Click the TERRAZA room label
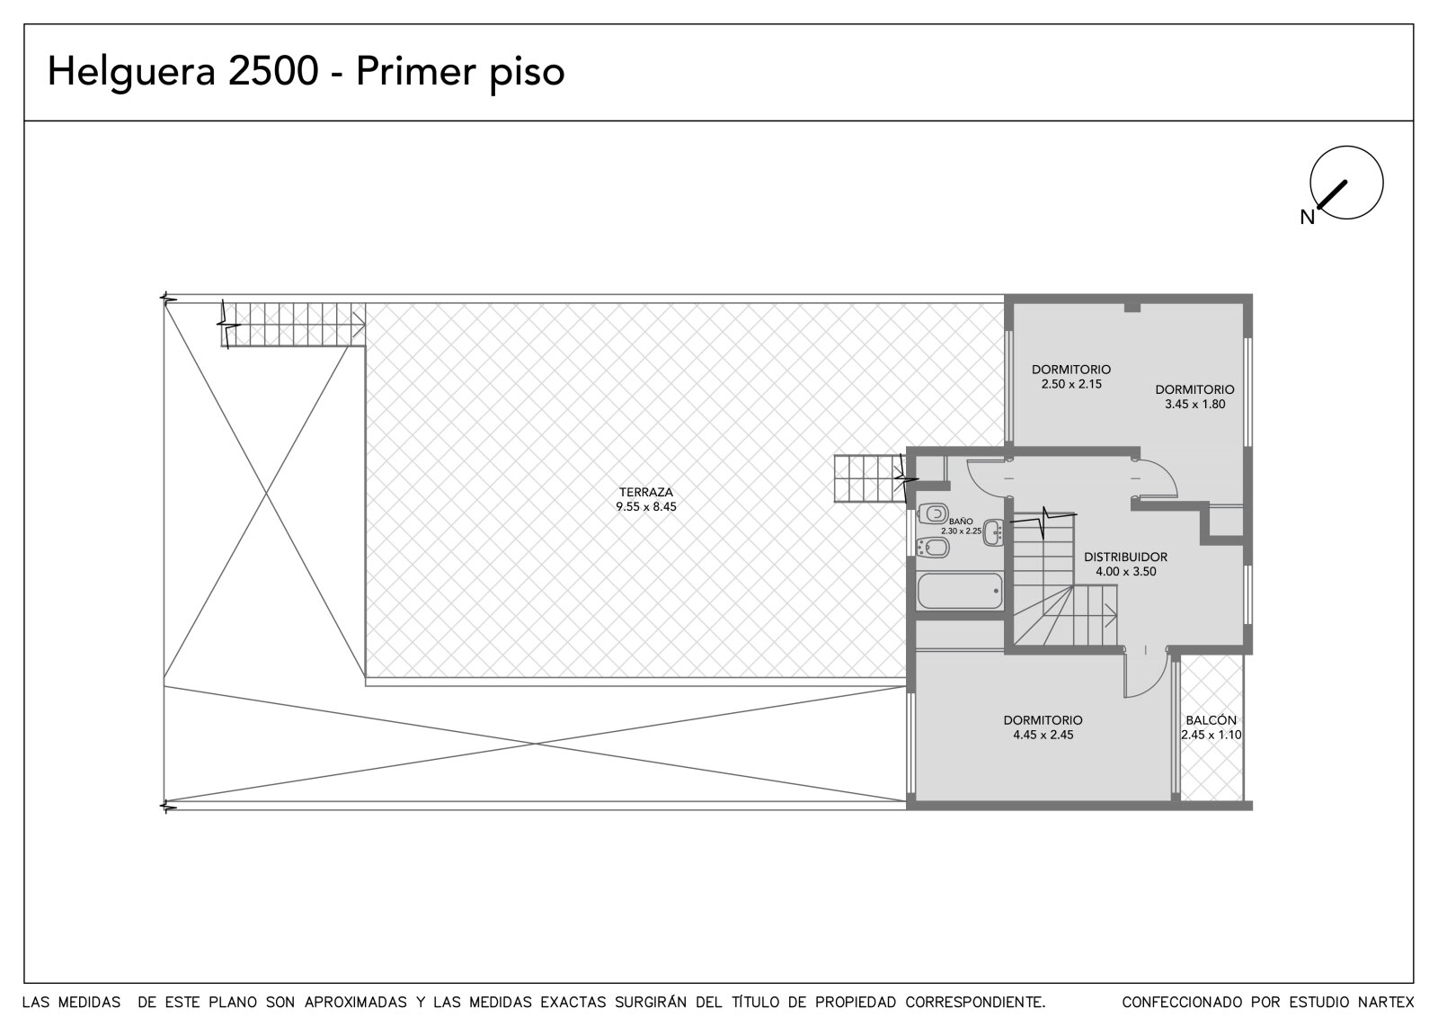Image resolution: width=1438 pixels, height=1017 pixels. click(646, 492)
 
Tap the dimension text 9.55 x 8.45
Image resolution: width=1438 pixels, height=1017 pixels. click(646, 506)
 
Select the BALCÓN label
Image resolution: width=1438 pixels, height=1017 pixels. click(1211, 720)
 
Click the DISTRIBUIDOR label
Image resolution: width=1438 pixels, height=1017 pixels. click(1125, 557)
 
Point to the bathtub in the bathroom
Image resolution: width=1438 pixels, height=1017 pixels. click(960, 591)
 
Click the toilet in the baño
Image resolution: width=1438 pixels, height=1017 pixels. click(934, 513)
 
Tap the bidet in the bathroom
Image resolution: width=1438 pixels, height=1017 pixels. click(934, 548)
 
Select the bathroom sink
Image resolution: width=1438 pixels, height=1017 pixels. click(994, 532)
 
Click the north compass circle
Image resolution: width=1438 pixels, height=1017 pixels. click(1346, 183)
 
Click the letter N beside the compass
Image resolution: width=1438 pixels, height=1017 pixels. click(1308, 218)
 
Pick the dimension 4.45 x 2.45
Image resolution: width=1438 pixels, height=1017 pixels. click(1043, 735)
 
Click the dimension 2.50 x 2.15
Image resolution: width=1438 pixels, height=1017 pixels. click(1071, 384)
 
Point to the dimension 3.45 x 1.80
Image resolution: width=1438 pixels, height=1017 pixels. click(1194, 404)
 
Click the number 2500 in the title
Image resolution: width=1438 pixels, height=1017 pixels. click(273, 71)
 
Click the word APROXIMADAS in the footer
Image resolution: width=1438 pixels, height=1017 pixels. click(356, 1003)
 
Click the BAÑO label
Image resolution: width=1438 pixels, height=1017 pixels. click(961, 522)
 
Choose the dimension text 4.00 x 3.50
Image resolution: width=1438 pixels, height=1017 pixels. click(1126, 572)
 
